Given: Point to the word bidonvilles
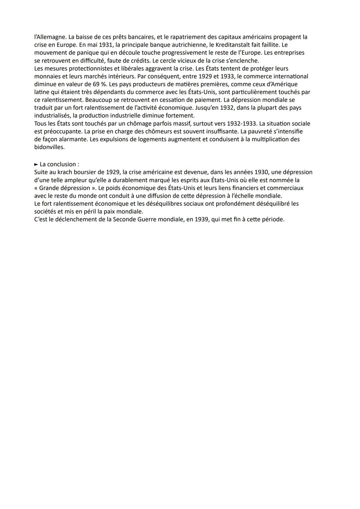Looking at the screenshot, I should pyautogui.click(x=49, y=147).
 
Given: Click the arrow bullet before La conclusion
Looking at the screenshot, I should pyautogui.click(x=36, y=164).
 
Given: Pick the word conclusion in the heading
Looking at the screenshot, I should pyautogui.click(x=62, y=164).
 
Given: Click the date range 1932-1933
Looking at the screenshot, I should pyautogui.click(x=242, y=124).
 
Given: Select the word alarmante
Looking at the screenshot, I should pyautogui.click(x=73, y=139).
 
